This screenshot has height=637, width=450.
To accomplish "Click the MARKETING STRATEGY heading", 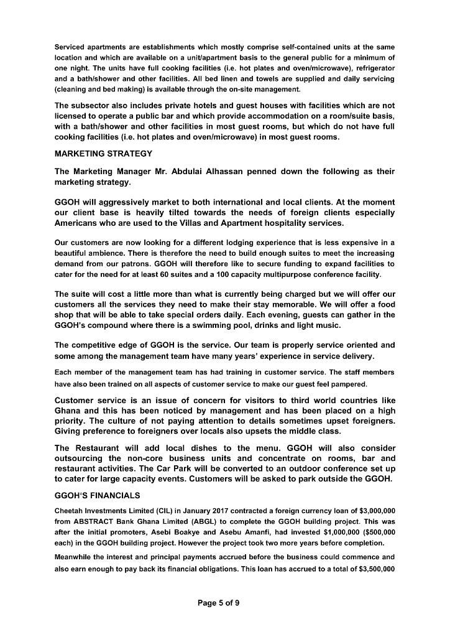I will point(103,154).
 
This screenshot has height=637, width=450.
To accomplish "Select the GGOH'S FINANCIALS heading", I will point(97,496).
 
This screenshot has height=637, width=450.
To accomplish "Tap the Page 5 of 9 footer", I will point(218,602).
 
